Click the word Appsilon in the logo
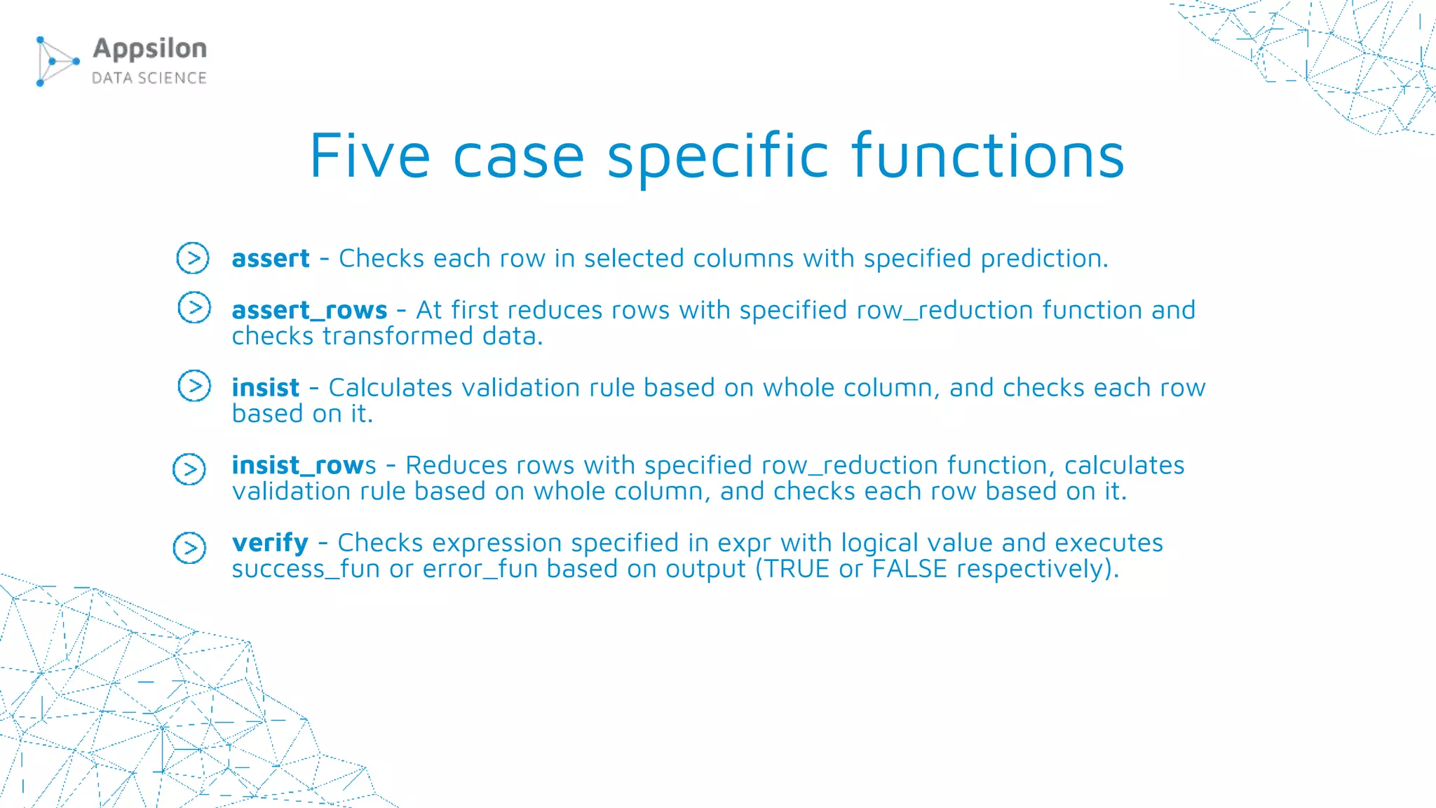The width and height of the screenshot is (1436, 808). (x=150, y=49)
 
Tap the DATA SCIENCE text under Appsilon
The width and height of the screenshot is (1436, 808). (x=149, y=78)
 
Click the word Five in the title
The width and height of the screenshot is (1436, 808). (x=370, y=156)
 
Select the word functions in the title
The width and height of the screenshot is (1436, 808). (x=988, y=156)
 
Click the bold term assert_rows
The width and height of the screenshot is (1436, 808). (x=309, y=310)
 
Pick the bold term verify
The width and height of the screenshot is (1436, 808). (x=270, y=544)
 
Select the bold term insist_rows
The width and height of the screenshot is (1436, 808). (x=304, y=465)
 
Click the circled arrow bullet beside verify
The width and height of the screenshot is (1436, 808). (x=189, y=548)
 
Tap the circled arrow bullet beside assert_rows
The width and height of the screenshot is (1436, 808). (x=194, y=307)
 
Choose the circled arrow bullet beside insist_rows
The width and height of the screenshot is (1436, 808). (x=189, y=469)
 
